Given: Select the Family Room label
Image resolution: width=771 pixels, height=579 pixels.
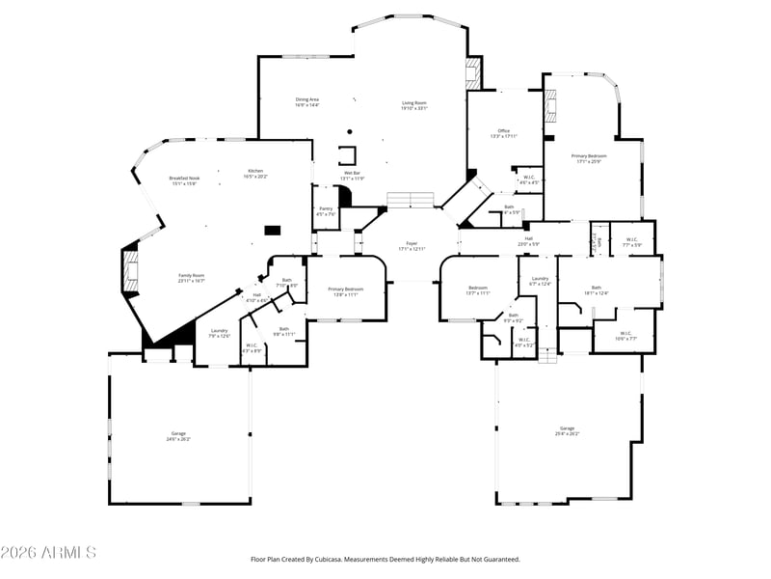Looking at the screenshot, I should (x=192, y=278).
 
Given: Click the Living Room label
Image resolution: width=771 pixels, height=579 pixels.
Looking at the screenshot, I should (x=413, y=105).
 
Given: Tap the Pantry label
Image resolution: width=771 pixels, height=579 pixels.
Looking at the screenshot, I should (x=326, y=211).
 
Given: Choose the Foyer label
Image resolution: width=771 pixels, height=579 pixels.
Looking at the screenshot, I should (x=412, y=245).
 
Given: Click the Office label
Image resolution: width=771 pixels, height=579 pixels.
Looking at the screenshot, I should (x=503, y=133).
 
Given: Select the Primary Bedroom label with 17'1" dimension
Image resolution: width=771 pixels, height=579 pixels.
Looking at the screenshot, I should (x=588, y=157).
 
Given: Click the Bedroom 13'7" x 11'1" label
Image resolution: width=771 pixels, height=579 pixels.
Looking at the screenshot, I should (x=478, y=289).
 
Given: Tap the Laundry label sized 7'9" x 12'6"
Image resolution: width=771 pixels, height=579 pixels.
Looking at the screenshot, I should (x=220, y=333).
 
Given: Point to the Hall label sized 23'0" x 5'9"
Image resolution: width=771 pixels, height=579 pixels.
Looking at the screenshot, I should (x=528, y=240).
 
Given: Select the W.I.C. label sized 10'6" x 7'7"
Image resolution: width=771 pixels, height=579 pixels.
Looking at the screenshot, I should (x=625, y=336).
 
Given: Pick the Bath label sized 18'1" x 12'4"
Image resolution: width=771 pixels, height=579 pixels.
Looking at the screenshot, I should (x=597, y=289).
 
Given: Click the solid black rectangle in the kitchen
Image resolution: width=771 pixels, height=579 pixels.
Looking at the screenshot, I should (x=273, y=231).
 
